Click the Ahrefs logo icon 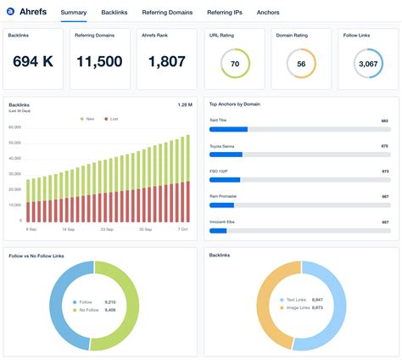pos(10,13)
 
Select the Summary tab pos(74,13)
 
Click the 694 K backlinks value pos(33,62)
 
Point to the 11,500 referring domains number pos(99,62)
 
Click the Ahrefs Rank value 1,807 pos(166,62)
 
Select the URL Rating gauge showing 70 pos(234,64)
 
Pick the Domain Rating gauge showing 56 pos(301,64)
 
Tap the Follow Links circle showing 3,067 pos(368,64)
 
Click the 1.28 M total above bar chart pos(184,104)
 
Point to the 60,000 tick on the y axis pos(14,127)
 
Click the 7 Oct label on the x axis pos(182,229)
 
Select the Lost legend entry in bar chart pos(111,119)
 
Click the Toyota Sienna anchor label pos(224,146)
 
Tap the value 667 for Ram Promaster pos(385,196)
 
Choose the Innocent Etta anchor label pos(224,222)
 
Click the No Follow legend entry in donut pos(88,310)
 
